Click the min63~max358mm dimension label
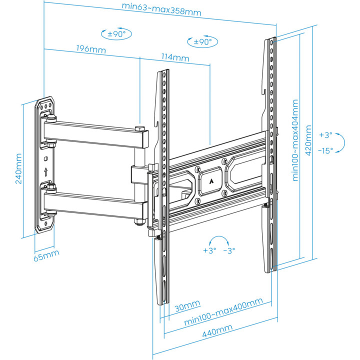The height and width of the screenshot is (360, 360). (x=161, y=9)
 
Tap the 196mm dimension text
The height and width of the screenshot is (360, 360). (x=91, y=49)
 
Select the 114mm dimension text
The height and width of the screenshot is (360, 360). (x=175, y=57)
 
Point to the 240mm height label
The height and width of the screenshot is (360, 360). (x=18, y=168)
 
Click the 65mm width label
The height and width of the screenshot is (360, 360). (x=46, y=255)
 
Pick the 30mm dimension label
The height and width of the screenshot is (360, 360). (x=187, y=306)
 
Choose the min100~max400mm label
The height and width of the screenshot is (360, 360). (x=223, y=311)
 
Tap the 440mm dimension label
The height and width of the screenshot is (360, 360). (x=217, y=330)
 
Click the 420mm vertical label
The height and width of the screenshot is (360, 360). (x=308, y=140)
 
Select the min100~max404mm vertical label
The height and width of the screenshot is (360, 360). (x=295, y=140)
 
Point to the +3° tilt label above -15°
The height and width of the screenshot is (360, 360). (x=326, y=135)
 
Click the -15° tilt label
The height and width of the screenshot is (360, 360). (x=325, y=150)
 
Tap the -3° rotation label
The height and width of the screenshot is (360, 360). (x=229, y=250)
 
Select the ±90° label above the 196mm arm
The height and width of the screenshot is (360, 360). (x=116, y=34)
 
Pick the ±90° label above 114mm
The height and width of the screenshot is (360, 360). (x=202, y=42)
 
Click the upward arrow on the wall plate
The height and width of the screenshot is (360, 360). (x=45, y=171)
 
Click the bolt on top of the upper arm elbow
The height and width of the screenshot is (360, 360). (x=139, y=128)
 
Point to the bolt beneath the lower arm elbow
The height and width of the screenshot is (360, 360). (x=139, y=222)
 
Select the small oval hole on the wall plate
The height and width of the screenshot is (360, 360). (x=45, y=158)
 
